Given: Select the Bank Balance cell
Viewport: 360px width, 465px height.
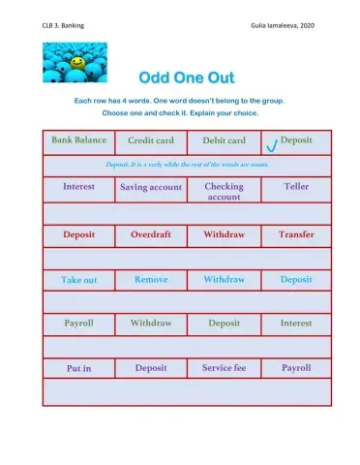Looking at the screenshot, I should (78, 140).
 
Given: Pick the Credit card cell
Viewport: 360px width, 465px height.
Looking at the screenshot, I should (150, 140).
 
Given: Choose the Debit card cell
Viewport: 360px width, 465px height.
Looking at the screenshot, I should (224, 140).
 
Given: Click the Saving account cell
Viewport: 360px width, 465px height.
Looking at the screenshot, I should (150, 187).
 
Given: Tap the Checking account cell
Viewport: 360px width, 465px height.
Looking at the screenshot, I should (224, 191).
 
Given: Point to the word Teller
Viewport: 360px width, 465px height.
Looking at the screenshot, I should (295, 186).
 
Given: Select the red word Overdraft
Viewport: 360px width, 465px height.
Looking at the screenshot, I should (150, 234).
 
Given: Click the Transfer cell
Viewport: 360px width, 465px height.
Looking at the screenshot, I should (295, 234).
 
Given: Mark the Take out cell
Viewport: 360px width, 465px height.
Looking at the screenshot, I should (78, 280).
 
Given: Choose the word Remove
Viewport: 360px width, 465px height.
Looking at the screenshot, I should (150, 279).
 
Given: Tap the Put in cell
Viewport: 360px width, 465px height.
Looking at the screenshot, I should (78, 369).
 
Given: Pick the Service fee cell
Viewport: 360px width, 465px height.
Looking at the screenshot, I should (224, 368).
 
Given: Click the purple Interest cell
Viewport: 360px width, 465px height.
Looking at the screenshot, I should (78, 186).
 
